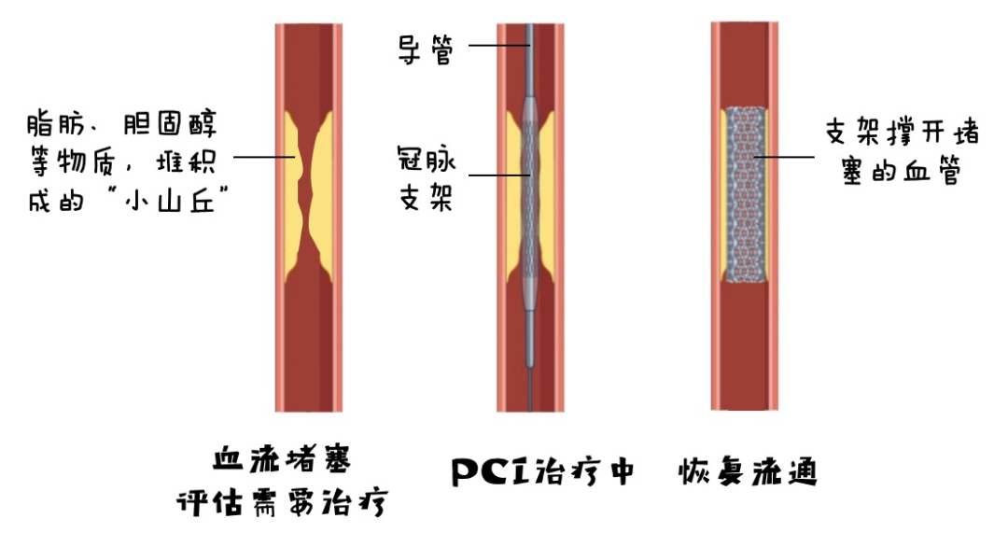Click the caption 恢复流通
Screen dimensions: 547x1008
[748, 472]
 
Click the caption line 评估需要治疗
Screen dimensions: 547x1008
[281, 504]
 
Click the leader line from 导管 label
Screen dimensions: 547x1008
[497, 45]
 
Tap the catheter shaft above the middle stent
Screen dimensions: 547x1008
[530, 56]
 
